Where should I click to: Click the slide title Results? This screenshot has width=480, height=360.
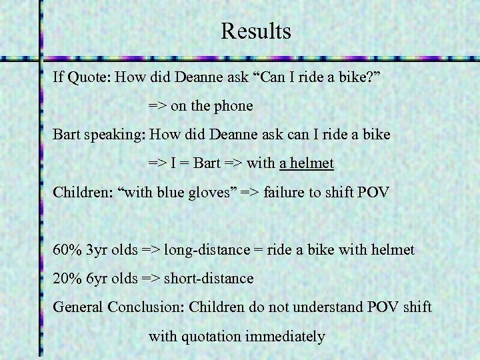257,31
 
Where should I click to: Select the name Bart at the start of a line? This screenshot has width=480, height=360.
67,135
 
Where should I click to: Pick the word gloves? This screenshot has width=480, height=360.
212,193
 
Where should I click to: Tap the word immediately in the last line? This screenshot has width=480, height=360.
285,337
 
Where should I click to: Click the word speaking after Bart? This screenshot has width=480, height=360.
115,135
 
